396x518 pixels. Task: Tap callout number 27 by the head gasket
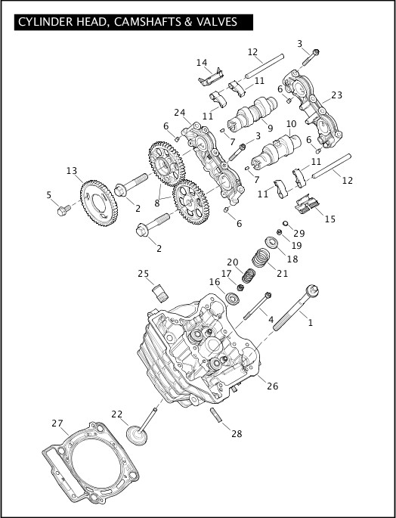coord(57,423)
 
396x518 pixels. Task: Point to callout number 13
coord(72,170)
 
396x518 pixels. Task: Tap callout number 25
coord(144,273)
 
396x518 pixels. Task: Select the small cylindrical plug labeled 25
coord(160,292)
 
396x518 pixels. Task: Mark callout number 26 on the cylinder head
coord(272,386)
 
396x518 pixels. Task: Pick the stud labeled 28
coord(217,416)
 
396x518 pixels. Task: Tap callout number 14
coord(202,62)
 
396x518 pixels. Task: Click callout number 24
coord(179,113)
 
